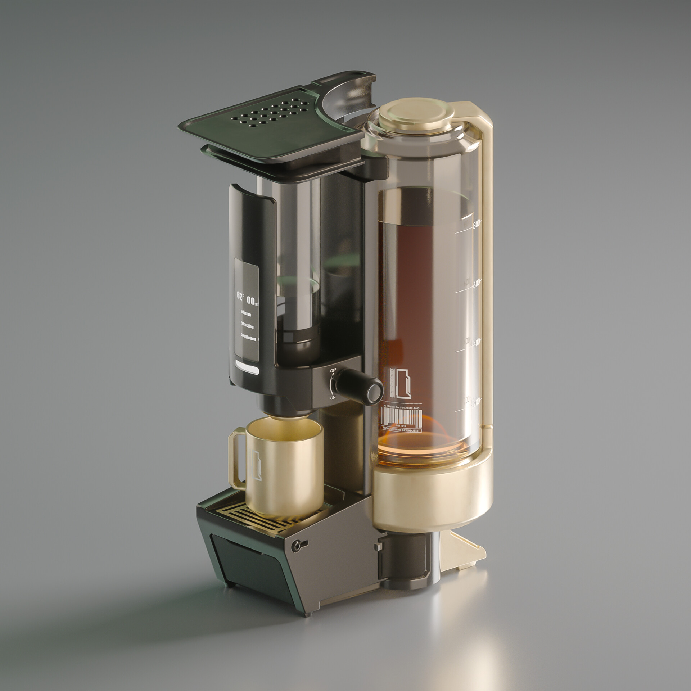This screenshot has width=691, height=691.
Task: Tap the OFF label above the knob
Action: point(333,370)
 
